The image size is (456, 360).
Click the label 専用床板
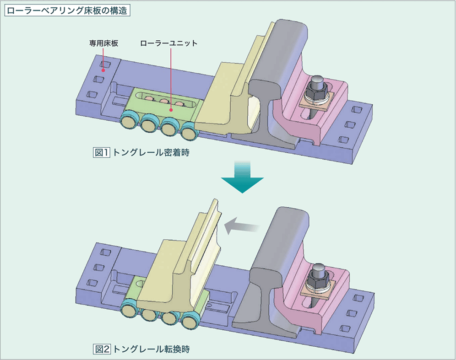pyautogui.click(x=103, y=44)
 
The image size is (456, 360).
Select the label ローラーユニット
pyautogui.click(x=169, y=44)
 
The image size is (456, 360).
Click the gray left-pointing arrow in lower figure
pyautogui.click(x=242, y=225)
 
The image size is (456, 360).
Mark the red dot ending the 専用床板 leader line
pyautogui.click(x=103, y=70)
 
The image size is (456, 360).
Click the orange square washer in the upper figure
pyautogui.click(x=318, y=102)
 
